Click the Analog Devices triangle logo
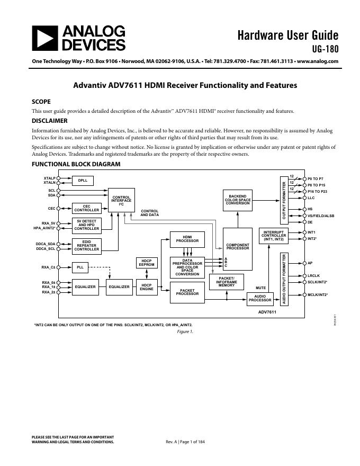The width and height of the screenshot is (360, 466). tap(44, 38)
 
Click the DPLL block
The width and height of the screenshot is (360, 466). tap(83, 181)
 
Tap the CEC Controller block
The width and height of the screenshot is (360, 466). tap(87, 208)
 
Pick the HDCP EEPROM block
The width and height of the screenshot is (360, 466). tap(146, 263)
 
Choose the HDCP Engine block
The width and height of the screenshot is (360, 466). tap(146, 286)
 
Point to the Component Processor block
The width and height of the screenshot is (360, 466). tap(238, 247)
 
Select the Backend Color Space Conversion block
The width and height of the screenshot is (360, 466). tap(238, 199)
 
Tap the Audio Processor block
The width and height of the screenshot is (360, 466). tap(260, 298)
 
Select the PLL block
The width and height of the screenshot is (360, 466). tap(80, 267)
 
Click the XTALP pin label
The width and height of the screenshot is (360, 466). tap(50, 178)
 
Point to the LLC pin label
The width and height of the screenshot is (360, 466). tap(311, 198)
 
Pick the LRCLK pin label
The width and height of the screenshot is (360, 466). tap(314, 275)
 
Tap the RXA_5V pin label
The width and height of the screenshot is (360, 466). tap(49, 223)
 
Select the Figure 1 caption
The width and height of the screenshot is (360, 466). tap(185, 331)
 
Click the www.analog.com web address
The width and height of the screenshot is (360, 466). tap(318, 61)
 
